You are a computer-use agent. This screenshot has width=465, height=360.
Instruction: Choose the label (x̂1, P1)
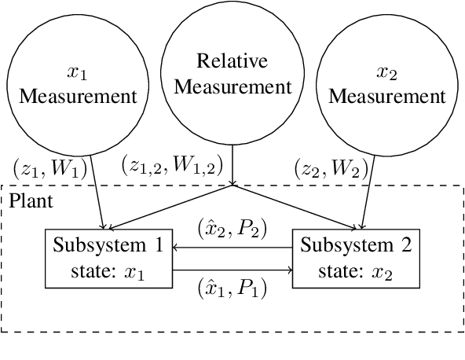point(232,288)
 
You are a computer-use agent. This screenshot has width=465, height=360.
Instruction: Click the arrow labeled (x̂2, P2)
point(232,246)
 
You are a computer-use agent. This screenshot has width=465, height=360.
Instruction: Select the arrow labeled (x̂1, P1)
point(232,270)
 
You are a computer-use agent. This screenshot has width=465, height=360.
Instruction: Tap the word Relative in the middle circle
point(232,62)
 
